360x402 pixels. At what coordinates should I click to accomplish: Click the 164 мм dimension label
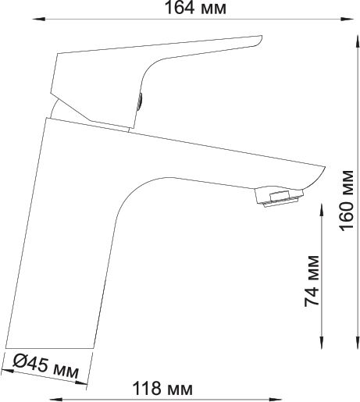point(196,8)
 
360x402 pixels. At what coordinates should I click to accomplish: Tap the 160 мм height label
point(347,201)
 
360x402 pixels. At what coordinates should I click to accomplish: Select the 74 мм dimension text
point(312,281)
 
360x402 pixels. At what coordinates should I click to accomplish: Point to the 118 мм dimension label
point(162,389)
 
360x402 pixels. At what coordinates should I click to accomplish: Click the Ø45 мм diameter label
point(46,366)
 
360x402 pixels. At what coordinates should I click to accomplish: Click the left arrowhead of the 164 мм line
point(39,19)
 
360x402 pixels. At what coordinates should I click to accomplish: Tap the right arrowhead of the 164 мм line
point(348,19)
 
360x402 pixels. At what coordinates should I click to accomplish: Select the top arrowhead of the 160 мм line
point(358,42)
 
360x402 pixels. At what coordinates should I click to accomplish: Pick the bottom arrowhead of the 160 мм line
point(358,342)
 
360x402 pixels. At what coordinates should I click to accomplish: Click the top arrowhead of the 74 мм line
point(322,210)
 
